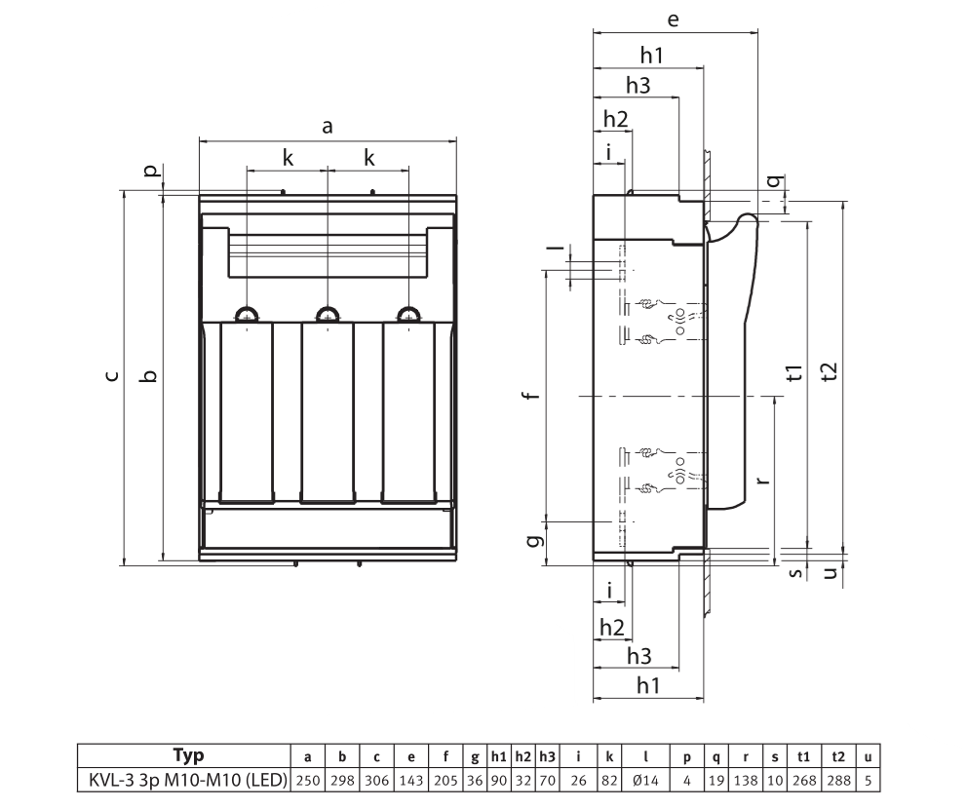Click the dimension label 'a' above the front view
328,127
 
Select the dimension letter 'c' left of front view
112,376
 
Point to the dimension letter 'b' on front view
148,376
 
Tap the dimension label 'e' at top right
674,19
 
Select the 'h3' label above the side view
638,86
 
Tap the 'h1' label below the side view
648,686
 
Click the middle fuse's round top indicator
328,313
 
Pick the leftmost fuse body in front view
247,413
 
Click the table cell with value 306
376,782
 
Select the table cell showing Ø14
646,782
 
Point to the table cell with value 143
410,782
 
